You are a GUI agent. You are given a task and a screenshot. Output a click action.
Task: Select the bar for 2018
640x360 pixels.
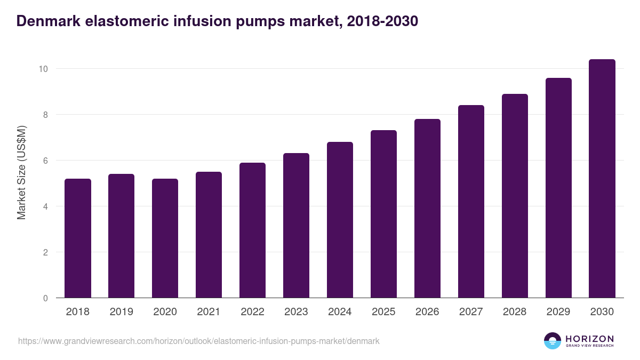(x=78, y=238)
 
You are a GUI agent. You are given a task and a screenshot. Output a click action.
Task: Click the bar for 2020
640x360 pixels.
(x=165, y=238)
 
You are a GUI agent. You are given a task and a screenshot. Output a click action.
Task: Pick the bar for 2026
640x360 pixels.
(x=427, y=209)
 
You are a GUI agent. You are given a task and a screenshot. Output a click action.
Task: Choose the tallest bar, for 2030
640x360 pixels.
(x=602, y=179)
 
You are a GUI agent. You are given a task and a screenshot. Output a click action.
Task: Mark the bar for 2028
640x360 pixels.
(x=515, y=196)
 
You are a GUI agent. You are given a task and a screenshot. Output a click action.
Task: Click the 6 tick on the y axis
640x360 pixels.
(x=46, y=161)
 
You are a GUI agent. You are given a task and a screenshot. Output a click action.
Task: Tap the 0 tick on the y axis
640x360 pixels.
(x=46, y=298)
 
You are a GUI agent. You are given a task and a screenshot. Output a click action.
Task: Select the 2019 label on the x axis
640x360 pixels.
(x=121, y=312)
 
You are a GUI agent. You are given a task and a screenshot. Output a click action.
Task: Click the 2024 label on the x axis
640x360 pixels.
(x=340, y=312)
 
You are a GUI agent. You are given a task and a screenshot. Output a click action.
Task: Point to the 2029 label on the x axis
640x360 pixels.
(x=558, y=312)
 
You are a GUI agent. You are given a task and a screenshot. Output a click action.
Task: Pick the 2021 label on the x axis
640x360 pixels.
(x=209, y=312)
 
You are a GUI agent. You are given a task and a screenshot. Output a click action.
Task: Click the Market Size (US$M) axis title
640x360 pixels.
(x=21, y=172)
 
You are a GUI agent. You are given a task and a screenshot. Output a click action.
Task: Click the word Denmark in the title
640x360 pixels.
(x=47, y=21)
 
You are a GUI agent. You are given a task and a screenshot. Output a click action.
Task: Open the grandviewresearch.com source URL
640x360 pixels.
(x=199, y=341)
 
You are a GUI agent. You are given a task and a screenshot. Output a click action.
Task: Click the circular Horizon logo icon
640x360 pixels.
(x=552, y=341)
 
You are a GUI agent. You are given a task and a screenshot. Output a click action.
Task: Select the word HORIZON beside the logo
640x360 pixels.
(x=589, y=338)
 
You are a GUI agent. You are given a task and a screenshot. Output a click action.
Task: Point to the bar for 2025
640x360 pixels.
(x=383, y=214)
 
